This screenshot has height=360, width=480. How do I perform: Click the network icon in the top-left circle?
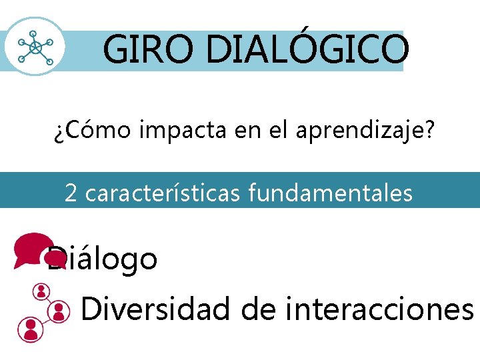pyautogui.click(x=35, y=47)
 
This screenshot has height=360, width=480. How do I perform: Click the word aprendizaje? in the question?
pyautogui.click(x=360, y=131)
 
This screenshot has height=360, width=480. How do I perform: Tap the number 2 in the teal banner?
pyautogui.click(x=71, y=193)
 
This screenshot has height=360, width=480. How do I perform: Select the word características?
pyautogui.click(x=165, y=193)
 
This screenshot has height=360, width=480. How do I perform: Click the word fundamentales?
pyautogui.click(x=331, y=193)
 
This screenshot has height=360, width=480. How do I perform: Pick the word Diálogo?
pyautogui.click(x=103, y=259)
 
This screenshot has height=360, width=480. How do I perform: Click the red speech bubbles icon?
pyautogui.click(x=35, y=249)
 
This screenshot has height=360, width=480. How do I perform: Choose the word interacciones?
pyautogui.click(x=379, y=309)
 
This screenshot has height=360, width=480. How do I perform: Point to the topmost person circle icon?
pyautogui.click(x=42, y=292)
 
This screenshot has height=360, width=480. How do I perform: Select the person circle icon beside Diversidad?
pyautogui.click(x=59, y=310)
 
